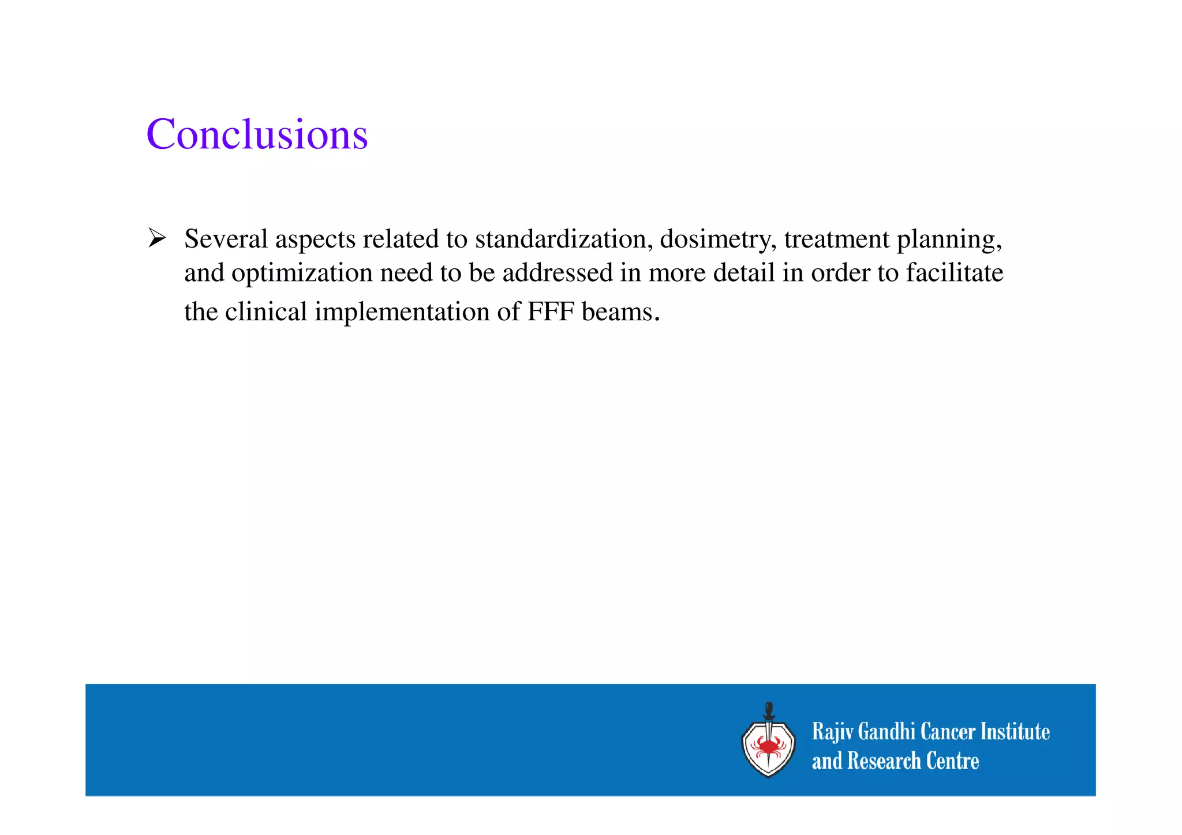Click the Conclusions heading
click(257, 134)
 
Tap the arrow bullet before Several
click(156, 238)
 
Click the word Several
click(226, 239)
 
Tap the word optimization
click(302, 274)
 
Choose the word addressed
click(558, 272)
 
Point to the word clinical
click(266, 312)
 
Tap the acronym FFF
click(551, 312)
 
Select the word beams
click(620, 312)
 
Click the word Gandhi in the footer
click(887, 732)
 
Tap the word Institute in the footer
click(1015, 732)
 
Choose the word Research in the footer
click(884, 761)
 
